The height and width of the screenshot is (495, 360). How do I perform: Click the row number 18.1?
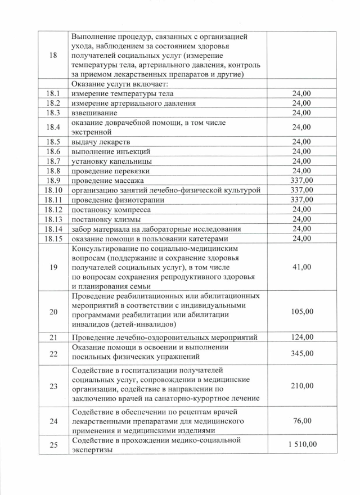53,93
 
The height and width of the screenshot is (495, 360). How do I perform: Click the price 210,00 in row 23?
301,385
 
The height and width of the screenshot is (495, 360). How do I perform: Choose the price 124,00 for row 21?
301,337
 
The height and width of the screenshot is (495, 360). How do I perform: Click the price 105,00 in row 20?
301,312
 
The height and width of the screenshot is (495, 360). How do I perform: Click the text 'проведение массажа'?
107,181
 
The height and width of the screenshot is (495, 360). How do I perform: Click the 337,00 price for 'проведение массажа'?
301,181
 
